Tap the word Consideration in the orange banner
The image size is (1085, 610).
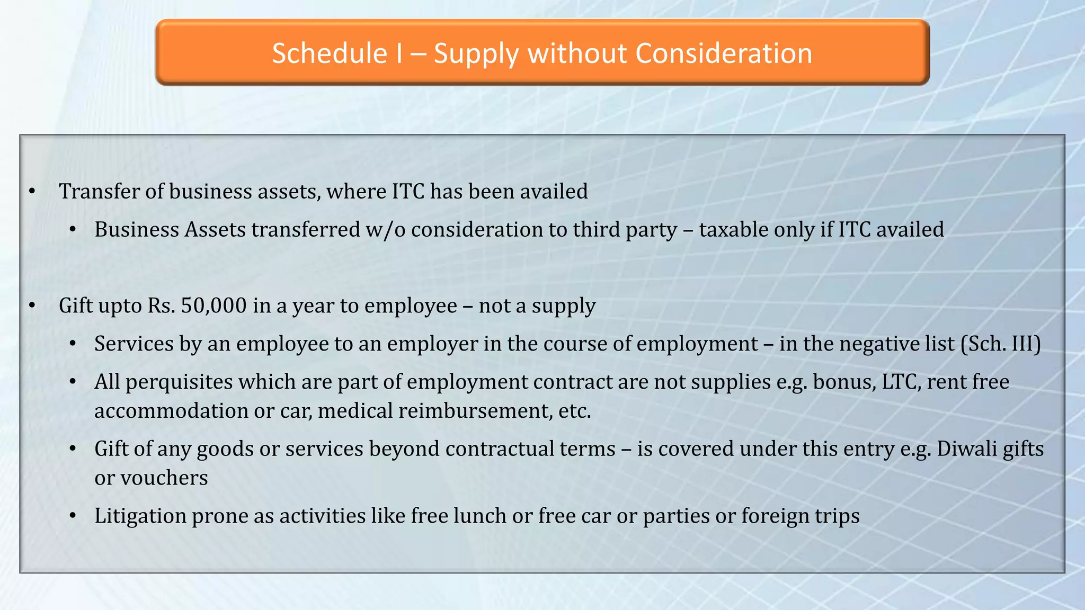click(x=724, y=53)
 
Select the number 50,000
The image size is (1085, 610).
click(x=214, y=306)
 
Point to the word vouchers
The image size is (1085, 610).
click(x=164, y=478)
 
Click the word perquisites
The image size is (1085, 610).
click(x=179, y=382)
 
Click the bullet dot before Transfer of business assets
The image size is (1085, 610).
click(x=32, y=192)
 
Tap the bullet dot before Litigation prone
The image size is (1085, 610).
click(x=73, y=516)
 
